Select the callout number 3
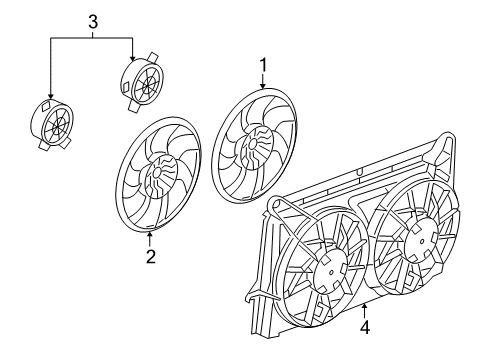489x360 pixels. pyautogui.click(x=93, y=20)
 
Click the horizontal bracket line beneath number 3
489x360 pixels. pyautogui.click(x=92, y=37)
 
